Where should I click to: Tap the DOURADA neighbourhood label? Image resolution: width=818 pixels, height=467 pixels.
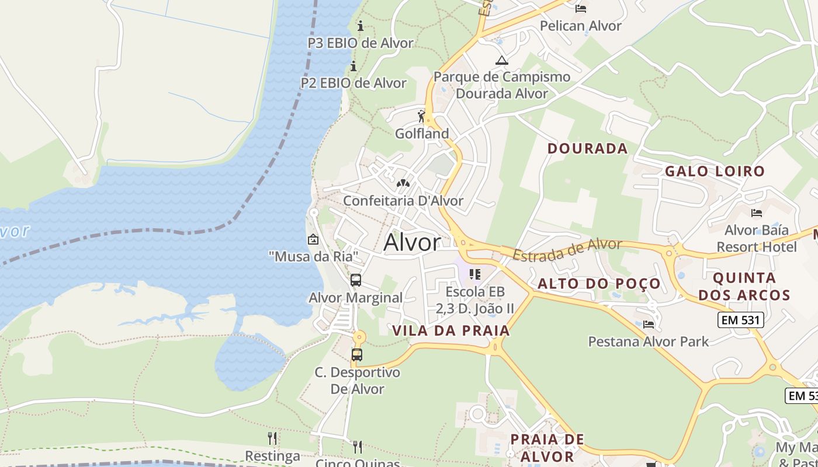[x=587, y=148]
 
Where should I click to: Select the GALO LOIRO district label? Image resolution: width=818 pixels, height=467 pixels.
[x=715, y=171]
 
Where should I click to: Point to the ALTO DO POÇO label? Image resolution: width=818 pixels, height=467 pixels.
[x=599, y=284]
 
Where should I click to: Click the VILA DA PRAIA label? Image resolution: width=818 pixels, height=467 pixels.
[x=451, y=330]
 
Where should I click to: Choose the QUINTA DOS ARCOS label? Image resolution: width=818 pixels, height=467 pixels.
[x=744, y=286]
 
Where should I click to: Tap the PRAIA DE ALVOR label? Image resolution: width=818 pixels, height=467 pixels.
[x=547, y=448]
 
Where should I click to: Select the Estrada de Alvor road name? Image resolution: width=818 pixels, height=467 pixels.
[x=567, y=250]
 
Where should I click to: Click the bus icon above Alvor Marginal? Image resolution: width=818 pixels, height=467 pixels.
[x=356, y=280]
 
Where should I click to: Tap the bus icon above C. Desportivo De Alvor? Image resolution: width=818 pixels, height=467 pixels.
[x=357, y=354]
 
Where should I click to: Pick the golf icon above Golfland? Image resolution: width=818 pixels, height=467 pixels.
[x=421, y=116]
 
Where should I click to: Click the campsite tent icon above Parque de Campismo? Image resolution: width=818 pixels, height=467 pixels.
[x=501, y=60]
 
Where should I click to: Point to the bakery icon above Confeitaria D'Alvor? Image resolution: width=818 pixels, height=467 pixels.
[x=403, y=183]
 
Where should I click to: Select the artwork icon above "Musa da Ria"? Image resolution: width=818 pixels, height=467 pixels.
[x=313, y=239]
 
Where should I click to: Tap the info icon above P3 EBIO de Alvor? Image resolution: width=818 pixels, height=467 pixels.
[x=361, y=26]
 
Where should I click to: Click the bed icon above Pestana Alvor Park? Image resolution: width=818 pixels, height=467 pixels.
[x=648, y=325]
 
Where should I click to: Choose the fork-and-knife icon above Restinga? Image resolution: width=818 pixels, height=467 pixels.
[x=272, y=438]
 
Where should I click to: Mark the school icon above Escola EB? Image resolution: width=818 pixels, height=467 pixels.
[x=475, y=274]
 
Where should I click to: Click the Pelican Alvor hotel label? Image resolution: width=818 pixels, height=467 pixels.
[x=580, y=26]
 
